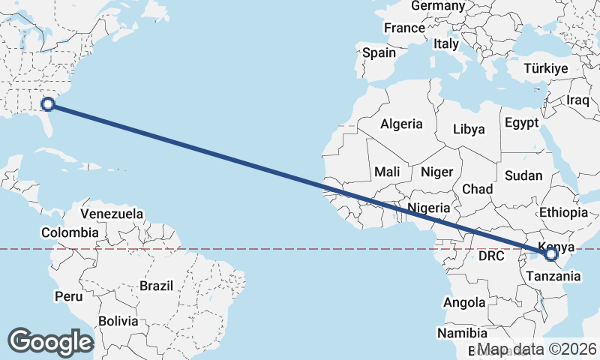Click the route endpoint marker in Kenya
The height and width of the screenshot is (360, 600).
[x=551, y=255]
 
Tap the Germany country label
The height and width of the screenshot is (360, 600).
[x=439, y=6]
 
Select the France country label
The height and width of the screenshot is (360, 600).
[x=404, y=28]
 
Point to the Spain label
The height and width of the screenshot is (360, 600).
[x=379, y=53]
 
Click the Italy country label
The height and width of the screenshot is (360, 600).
[x=445, y=45]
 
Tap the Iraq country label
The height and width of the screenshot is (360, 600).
[x=578, y=100]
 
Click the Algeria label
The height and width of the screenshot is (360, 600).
[x=401, y=124]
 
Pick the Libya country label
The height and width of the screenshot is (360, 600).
[x=469, y=129]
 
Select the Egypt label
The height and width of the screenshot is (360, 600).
[x=521, y=122]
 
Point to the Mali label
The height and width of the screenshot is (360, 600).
[x=387, y=172]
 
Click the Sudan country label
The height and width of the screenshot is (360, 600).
[x=523, y=175]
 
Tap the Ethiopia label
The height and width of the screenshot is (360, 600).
[x=563, y=212]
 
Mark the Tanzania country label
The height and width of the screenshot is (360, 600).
[x=553, y=276]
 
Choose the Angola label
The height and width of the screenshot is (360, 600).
[x=465, y=303]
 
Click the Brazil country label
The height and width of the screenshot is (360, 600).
[x=157, y=286]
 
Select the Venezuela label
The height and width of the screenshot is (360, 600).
[x=112, y=214]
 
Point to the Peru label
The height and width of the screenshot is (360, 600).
[x=68, y=296]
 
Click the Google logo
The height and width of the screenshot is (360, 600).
[x=50, y=342]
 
